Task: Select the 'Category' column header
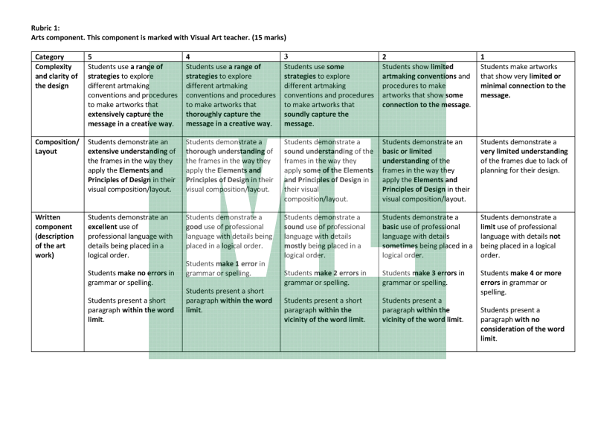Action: click(x=49, y=57)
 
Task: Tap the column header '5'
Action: click(x=90, y=57)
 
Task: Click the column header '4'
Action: click(x=187, y=57)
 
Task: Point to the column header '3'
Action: click(x=286, y=57)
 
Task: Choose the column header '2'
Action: click(x=384, y=57)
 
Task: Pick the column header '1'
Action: click(x=483, y=57)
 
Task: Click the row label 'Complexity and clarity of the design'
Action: click(x=54, y=76)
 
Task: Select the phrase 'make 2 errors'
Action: click(x=334, y=273)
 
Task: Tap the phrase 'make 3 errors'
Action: click(x=432, y=273)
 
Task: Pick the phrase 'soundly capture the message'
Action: click(x=316, y=119)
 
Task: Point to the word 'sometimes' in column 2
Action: click(x=405, y=245)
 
